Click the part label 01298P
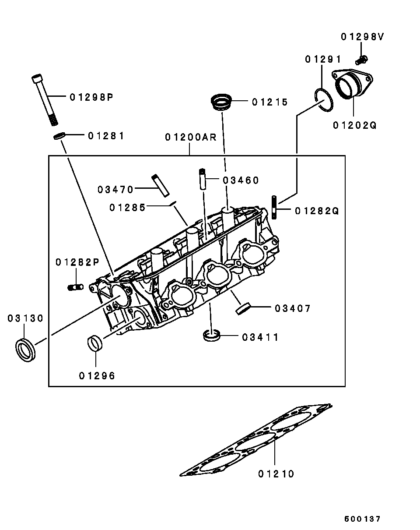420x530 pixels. point(91,97)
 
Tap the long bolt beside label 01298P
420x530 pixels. point(45,100)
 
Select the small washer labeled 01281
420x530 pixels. point(59,136)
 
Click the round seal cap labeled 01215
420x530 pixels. point(221,102)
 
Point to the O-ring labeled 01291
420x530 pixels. point(324,100)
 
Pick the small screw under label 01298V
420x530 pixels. point(361,60)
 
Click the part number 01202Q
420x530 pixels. point(354,125)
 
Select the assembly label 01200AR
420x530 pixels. point(191,137)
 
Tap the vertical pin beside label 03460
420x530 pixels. point(203,179)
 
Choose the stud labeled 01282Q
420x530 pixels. point(274,207)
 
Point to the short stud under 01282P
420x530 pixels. point(76,287)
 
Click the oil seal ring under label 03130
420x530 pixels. point(25,350)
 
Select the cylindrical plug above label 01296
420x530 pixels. point(95,343)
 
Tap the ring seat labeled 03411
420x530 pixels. point(212,335)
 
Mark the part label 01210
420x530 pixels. point(276,474)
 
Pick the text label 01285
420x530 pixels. point(127,208)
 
